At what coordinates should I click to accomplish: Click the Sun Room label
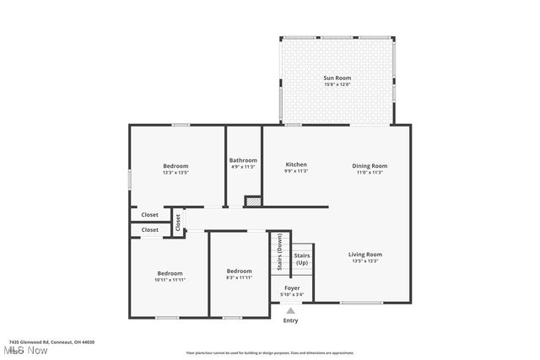click(336, 78)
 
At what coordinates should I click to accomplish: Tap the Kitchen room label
click(295, 164)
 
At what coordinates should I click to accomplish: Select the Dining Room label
click(370, 165)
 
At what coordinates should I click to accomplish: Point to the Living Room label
click(365, 254)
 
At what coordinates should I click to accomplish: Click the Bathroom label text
click(243, 160)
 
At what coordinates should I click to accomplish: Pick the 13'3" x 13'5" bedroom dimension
click(175, 172)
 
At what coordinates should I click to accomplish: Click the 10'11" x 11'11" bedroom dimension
click(170, 279)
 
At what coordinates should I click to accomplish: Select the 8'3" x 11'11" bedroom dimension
click(239, 277)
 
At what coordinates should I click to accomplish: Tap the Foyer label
click(292, 287)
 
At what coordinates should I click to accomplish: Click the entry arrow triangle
click(290, 310)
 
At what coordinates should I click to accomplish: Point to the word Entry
click(290, 320)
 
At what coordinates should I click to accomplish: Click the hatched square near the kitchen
click(252, 201)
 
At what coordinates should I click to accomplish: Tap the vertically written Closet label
click(178, 223)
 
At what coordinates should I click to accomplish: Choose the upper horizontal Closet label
click(149, 214)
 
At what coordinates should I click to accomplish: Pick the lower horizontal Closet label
click(149, 229)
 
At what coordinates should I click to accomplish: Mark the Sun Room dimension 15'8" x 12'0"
click(336, 84)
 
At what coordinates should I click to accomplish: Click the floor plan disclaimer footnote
click(270, 352)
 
